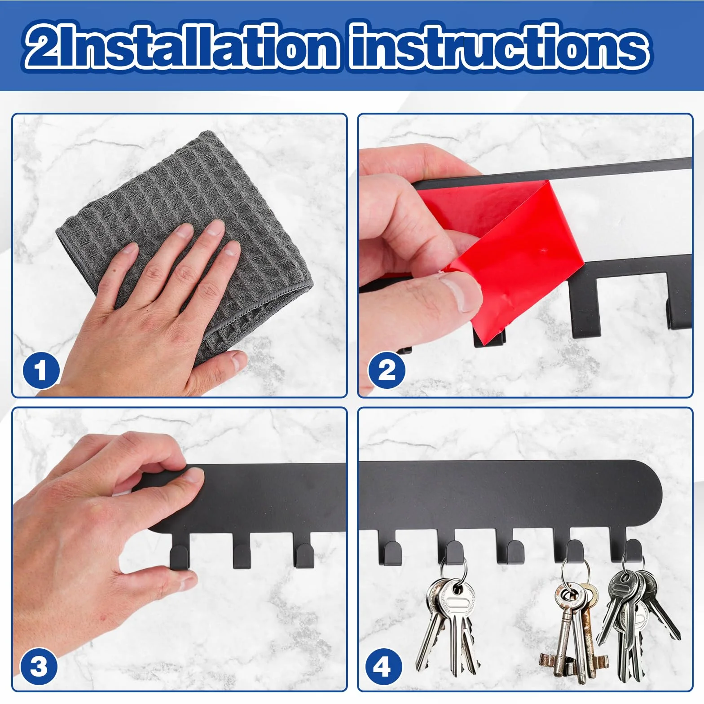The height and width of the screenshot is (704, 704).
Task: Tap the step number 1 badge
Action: coord(41,370)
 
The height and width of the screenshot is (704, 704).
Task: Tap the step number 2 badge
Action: coord(387,370)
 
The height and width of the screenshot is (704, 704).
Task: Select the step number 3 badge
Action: coord(39,666)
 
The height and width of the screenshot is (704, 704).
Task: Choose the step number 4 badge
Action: coord(384,666)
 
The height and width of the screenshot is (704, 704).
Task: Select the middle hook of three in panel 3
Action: coord(242,551)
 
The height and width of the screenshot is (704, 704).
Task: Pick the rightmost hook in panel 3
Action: coord(304,551)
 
